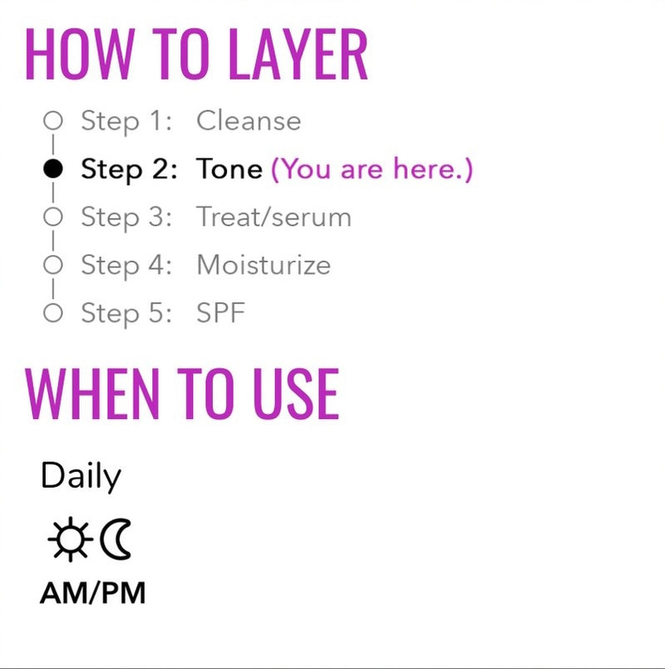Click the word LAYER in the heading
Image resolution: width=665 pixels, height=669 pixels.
pyautogui.click(x=298, y=54)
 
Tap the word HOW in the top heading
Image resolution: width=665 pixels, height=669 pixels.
pyautogui.click(x=81, y=54)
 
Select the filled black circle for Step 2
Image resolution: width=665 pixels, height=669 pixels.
pyautogui.click(x=53, y=169)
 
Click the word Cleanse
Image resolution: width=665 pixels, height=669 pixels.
pyautogui.click(x=249, y=121)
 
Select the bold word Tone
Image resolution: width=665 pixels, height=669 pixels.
pyautogui.click(x=229, y=169)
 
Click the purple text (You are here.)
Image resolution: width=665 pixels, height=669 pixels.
pyautogui.click(x=372, y=170)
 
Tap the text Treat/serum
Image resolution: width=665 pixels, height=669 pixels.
pyautogui.click(x=273, y=217)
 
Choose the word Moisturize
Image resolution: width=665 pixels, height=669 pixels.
pyautogui.click(x=264, y=265)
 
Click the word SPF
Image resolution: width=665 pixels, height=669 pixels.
pyautogui.click(x=220, y=312)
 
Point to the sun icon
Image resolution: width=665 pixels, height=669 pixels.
pyautogui.click(x=71, y=539)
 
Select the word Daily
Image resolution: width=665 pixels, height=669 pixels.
pyautogui.click(x=81, y=476)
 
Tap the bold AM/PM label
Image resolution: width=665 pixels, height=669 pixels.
pyautogui.click(x=92, y=593)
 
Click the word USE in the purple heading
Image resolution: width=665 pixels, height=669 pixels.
pyautogui.click(x=296, y=394)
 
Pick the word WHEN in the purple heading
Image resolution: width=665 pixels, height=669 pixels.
pyautogui.click(x=92, y=394)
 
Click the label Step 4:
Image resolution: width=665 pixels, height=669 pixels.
pyautogui.click(x=126, y=265)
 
